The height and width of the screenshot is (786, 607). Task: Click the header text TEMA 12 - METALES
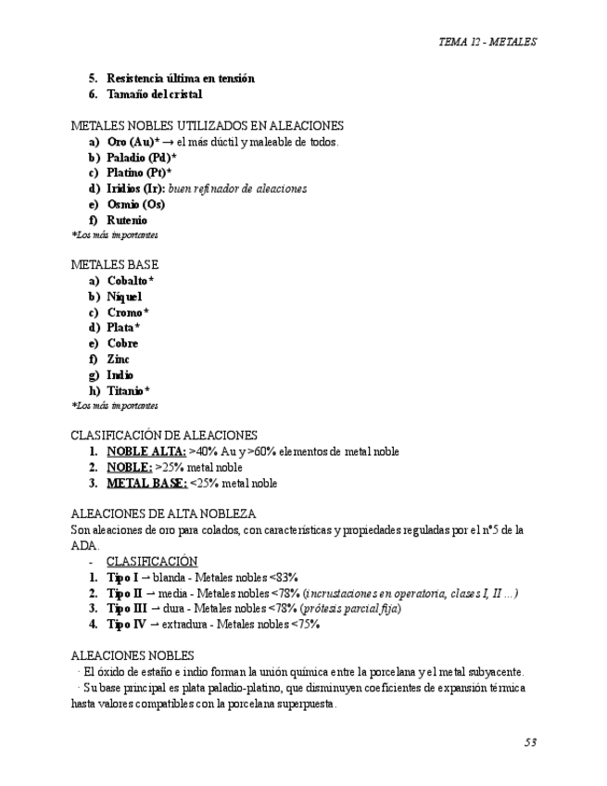point(487,42)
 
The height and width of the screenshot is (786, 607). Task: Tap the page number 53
point(530,742)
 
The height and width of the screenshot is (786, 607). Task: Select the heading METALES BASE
point(115,264)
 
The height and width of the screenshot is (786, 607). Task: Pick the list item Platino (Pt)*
point(139,172)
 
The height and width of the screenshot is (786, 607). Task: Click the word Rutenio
point(126,220)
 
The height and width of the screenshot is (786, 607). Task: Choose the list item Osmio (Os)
point(135,204)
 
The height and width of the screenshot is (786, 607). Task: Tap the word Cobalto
point(127,281)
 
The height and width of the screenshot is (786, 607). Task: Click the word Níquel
point(124,297)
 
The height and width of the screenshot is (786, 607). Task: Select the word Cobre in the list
point(122,344)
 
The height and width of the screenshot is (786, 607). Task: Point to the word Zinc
point(118,360)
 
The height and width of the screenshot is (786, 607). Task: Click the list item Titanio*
point(128,391)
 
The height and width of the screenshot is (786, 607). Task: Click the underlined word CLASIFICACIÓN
point(152,562)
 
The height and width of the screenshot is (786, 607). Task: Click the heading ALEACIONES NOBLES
point(133,655)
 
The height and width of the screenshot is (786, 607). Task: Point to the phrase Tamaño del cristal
point(154,95)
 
